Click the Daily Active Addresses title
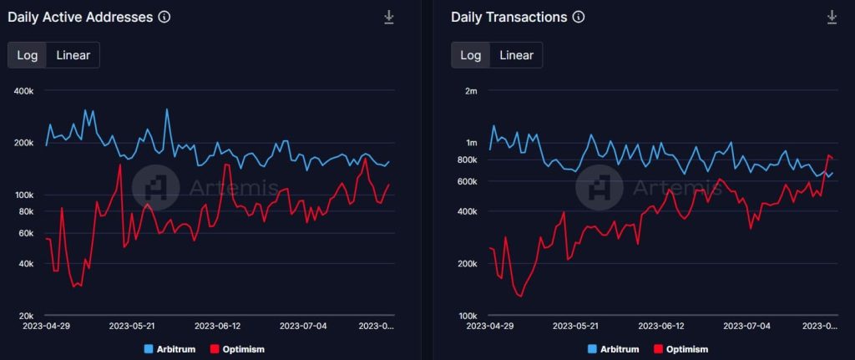[80, 17]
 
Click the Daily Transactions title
[509, 17]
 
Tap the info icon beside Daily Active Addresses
[164, 17]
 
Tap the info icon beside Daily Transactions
[579, 17]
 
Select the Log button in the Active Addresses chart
[27, 55]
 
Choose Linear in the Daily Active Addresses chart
[73, 55]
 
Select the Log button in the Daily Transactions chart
[471, 55]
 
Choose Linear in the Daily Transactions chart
[516, 55]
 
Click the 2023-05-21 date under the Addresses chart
[133, 326]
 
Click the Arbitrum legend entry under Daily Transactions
[613, 349]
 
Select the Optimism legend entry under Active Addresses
[237, 349]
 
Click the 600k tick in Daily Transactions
[468, 181]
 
